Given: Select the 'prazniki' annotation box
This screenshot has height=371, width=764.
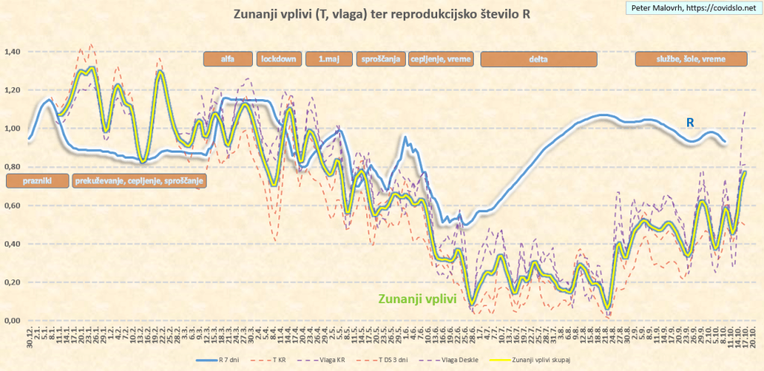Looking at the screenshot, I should (x=36, y=180).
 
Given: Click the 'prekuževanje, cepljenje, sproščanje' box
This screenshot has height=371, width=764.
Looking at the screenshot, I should (x=140, y=180).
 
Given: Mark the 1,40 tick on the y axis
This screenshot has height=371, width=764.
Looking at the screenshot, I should (x=15, y=52).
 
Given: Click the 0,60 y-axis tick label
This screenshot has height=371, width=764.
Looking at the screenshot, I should (x=15, y=206).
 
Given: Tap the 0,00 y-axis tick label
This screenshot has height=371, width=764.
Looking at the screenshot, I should (x=15, y=321).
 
